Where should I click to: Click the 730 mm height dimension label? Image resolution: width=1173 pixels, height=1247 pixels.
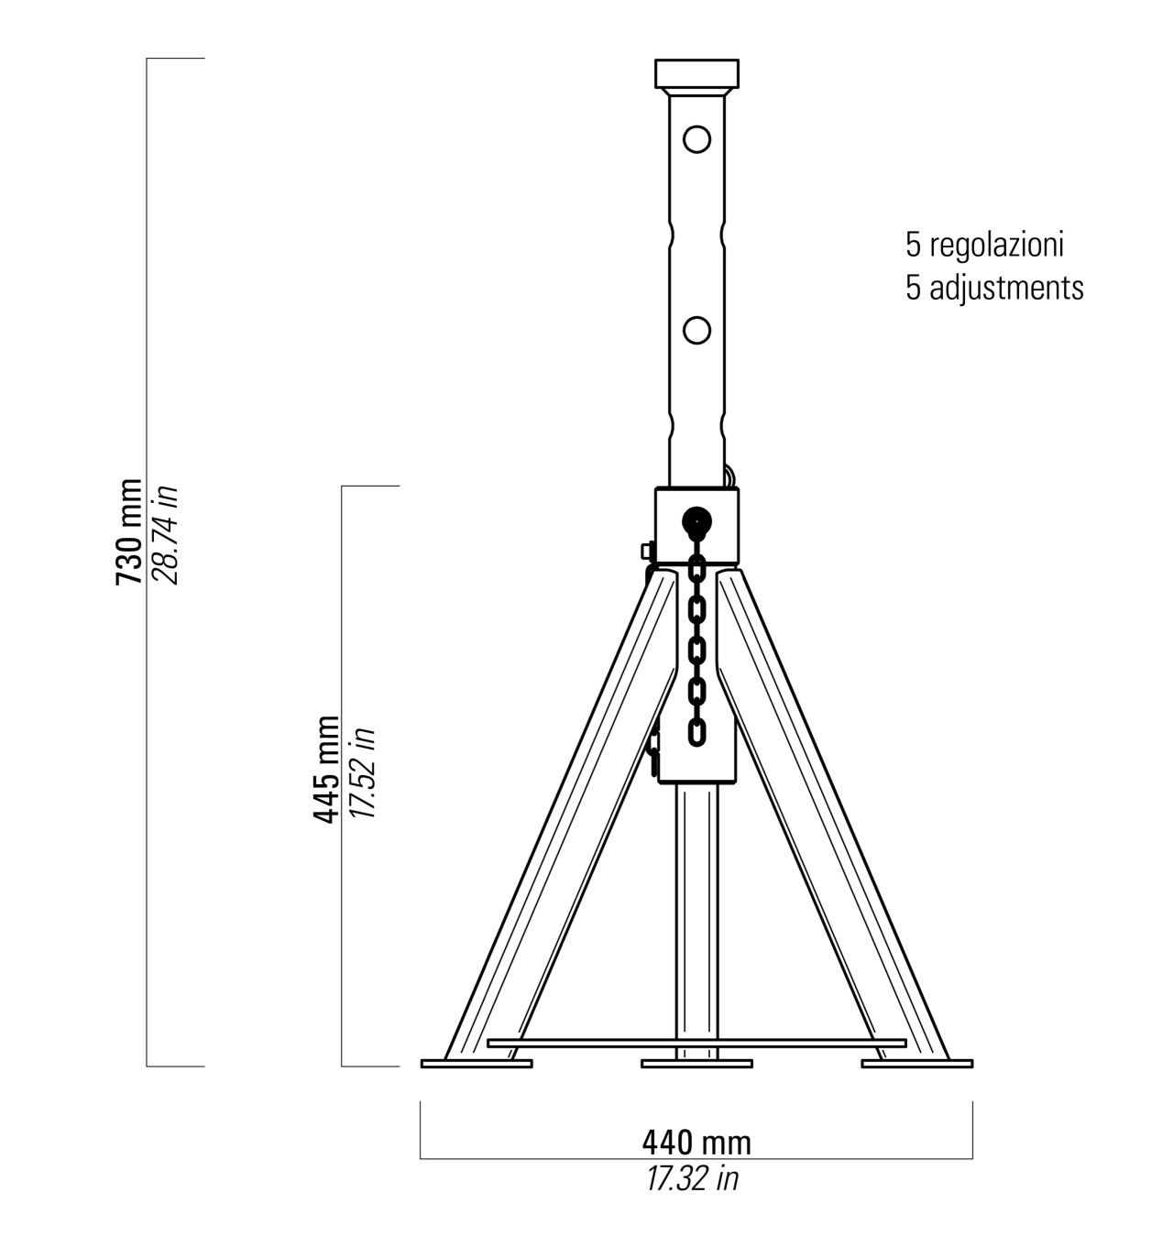coord(129,531)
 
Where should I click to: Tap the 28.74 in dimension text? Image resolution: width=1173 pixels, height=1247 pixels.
coord(167,535)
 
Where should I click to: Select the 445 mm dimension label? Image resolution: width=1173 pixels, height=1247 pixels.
coord(325,769)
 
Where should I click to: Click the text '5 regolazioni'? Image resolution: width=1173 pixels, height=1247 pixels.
coord(984,245)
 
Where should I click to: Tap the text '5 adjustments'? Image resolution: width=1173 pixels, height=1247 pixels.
coord(994,289)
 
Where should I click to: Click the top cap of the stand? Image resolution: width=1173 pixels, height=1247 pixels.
coord(696,74)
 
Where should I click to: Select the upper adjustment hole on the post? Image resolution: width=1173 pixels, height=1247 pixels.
coord(696,138)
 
